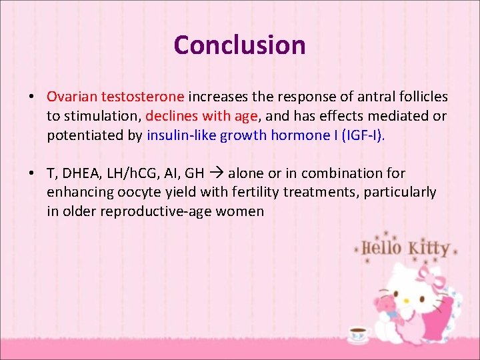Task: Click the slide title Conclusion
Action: tap(239, 45)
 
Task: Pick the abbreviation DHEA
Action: tap(83, 173)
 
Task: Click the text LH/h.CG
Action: tap(132, 173)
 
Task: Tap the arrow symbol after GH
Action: tap(217, 173)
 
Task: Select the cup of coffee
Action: tap(358, 333)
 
